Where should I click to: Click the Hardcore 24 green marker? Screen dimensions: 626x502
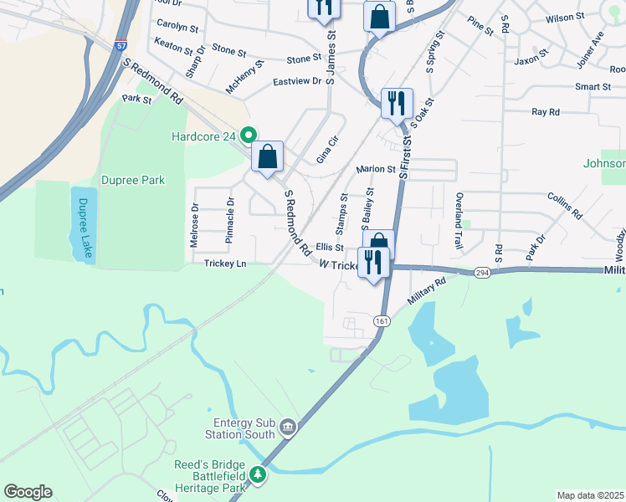pos(249,135)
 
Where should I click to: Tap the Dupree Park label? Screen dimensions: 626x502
pos(132,180)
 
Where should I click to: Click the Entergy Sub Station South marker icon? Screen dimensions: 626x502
pos(288,428)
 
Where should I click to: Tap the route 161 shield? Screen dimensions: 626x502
pos(382,321)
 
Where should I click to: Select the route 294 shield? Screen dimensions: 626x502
pos(481,273)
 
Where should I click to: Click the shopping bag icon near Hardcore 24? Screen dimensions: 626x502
pos(267,156)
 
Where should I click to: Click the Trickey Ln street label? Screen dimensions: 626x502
pos(225,264)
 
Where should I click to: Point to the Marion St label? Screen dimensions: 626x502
pos(375,169)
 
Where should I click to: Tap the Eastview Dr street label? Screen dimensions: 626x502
pos(297,81)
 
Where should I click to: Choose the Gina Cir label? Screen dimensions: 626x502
pos(326,149)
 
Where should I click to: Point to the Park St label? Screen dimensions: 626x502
pos(136,99)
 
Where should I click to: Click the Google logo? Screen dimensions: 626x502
pos(28,492)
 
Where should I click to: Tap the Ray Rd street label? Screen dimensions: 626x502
pos(545,111)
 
